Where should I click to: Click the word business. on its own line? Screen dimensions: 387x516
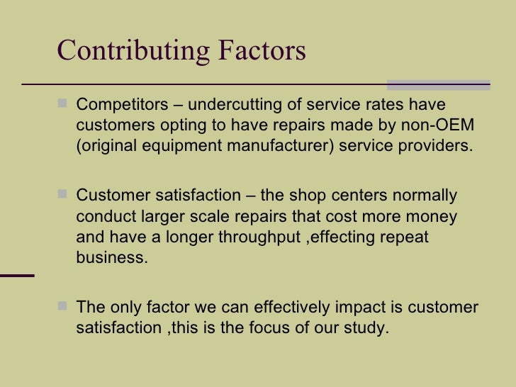coord(112,257)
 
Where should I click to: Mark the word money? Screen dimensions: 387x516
coord(432,216)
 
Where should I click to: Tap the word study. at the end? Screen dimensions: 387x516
coord(369,328)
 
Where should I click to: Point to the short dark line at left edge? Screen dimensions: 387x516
coord(16,275)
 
